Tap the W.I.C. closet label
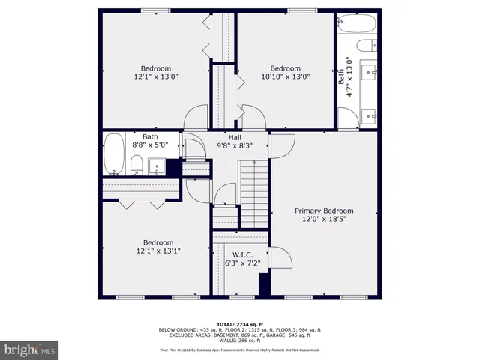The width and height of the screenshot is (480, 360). click(x=241, y=254)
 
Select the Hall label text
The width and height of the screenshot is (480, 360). click(x=235, y=137)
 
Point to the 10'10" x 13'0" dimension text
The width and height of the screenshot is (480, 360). click(x=285, y=76)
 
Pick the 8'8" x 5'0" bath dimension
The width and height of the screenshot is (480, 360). click(x=150, y=145)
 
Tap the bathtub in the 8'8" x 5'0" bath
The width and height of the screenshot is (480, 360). click(x=114, y=155)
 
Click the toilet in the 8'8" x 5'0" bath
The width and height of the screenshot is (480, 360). click(x=136, y=165)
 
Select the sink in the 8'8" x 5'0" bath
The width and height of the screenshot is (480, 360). click(x=157, y=166)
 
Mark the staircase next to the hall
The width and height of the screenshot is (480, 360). click(x=253, y=193)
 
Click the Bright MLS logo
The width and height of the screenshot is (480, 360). click(x=30, y=349)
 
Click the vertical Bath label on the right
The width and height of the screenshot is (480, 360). click(x=341, y=76)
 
